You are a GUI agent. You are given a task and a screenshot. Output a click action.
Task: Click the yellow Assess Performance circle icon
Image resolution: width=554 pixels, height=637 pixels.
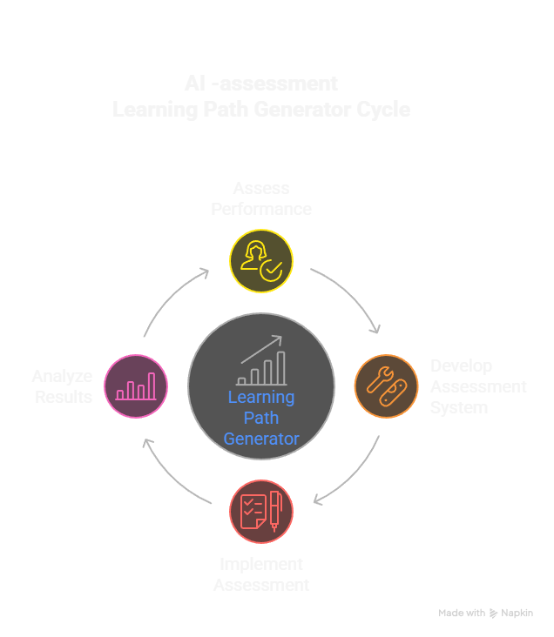261,261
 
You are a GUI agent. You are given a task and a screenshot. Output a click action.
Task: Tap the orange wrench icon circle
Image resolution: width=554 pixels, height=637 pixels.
386,386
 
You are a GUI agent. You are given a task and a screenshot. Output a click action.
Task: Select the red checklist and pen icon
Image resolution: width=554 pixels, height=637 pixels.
261,512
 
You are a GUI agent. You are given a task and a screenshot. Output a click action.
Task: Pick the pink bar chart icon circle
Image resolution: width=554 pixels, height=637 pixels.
136,386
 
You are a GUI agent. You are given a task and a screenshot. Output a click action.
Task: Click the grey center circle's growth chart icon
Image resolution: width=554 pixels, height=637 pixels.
261,360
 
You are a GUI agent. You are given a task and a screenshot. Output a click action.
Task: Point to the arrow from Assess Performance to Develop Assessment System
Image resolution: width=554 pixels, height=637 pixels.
349,296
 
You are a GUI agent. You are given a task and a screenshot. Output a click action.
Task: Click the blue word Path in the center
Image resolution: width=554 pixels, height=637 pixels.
261,419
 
